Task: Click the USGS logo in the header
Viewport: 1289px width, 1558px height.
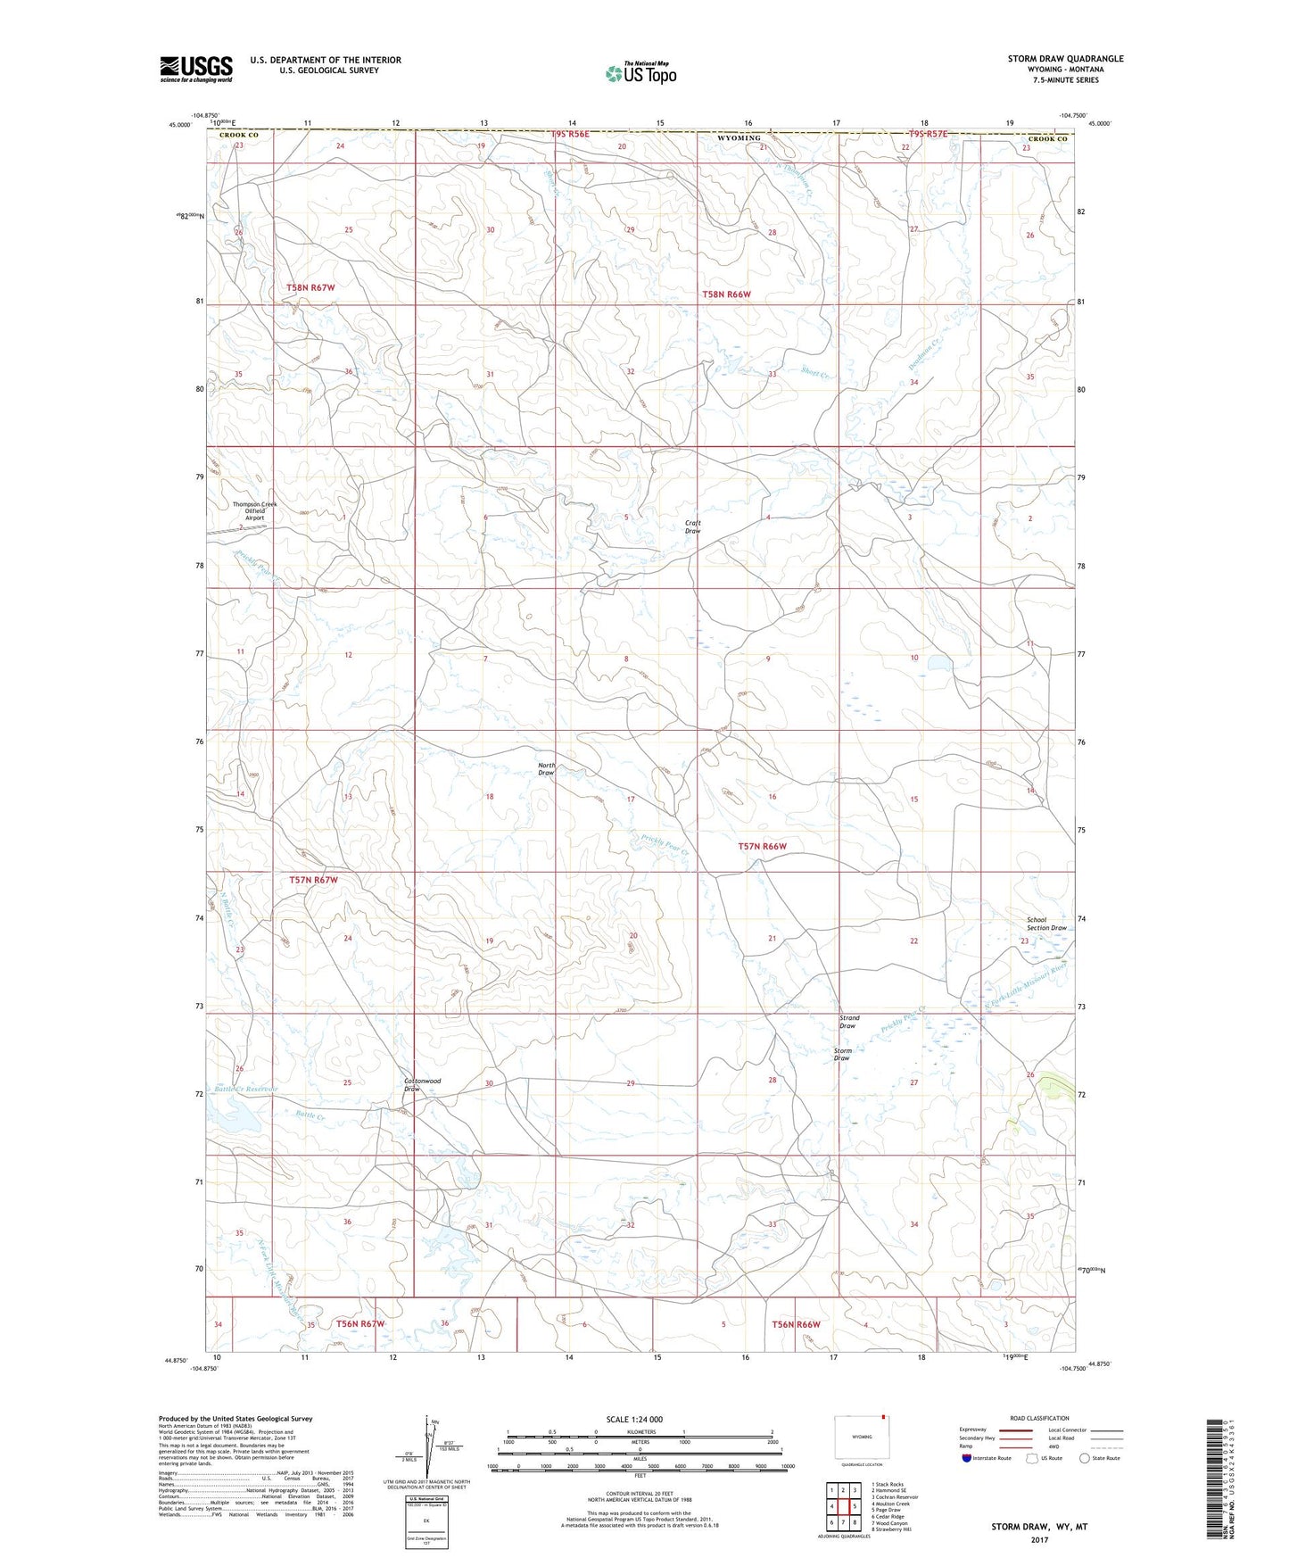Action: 196,69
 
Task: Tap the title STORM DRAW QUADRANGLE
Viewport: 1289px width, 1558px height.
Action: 1065,59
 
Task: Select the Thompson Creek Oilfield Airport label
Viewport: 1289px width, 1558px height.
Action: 254,510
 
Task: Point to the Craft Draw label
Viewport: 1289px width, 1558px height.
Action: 693,526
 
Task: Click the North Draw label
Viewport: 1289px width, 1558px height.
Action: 546,769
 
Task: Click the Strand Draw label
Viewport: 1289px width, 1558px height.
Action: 848,1022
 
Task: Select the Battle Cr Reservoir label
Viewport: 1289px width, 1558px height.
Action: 244,1089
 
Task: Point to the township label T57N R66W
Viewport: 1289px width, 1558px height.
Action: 762,846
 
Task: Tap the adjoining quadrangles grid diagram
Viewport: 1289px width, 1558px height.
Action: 842,1509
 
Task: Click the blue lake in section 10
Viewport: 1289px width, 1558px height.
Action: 938,664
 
